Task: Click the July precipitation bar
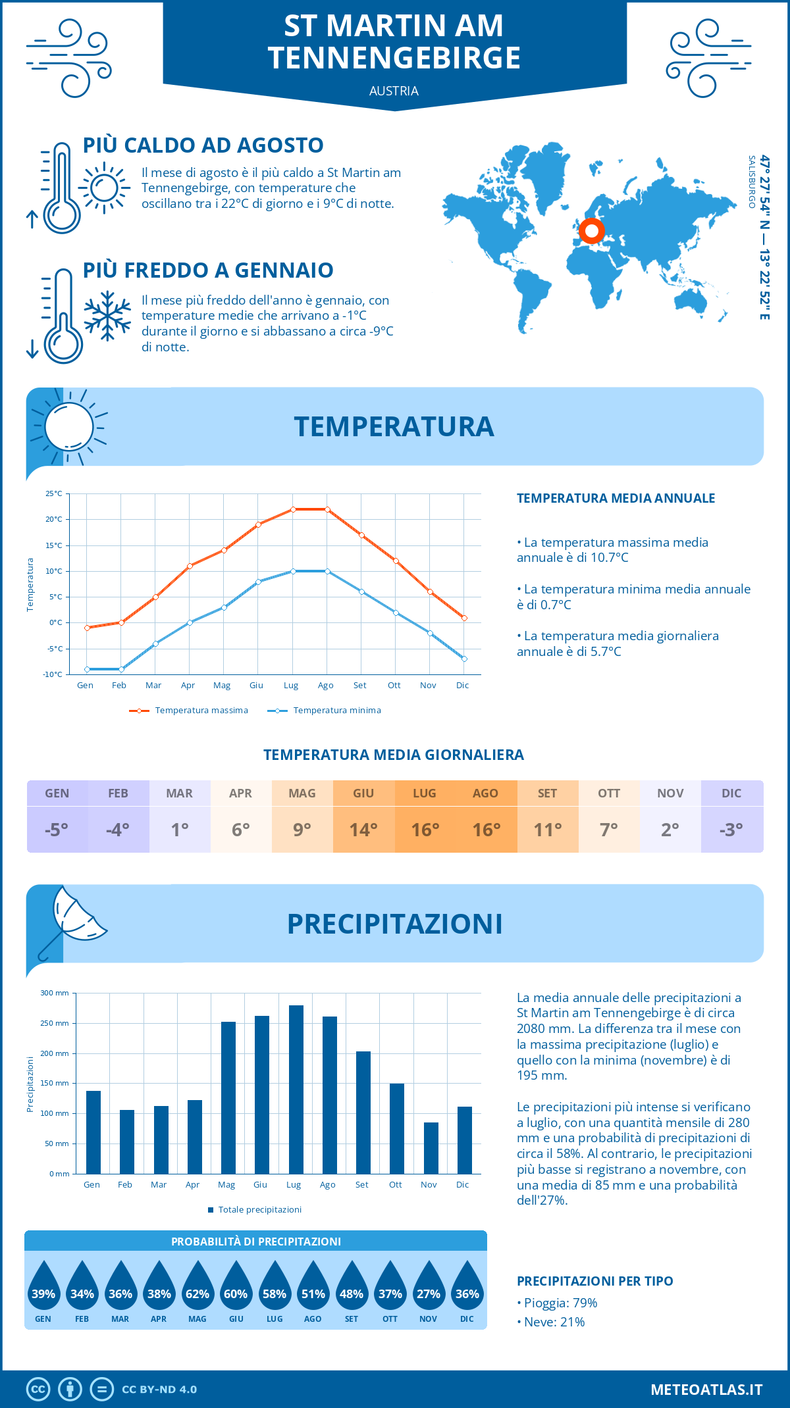pos(296,1089)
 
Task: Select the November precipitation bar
pos(431,1147)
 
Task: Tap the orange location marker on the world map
pos(591,231)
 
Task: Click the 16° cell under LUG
pos(425,829)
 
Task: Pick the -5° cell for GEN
pos(57,829)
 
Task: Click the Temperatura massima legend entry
pos(190,711)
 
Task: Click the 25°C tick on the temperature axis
pos(54,493)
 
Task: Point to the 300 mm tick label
pos(55,993)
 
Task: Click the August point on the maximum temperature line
pos(327,509)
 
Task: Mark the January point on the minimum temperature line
pos(87,669)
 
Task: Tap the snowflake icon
pos(107,316)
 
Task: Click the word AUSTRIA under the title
pos(394,91)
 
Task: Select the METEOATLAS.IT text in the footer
pos(706,1389)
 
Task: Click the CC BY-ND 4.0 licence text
pos(159,1390)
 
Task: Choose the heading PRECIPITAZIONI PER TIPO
pos(594,1281)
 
